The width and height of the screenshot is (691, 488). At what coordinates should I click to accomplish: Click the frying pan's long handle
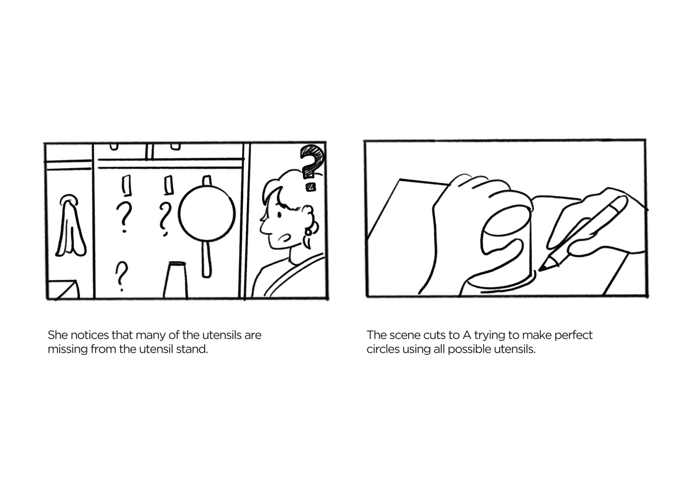tap(206, 259)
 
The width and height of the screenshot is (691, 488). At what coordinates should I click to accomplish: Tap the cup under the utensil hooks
tap(175, 280)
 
